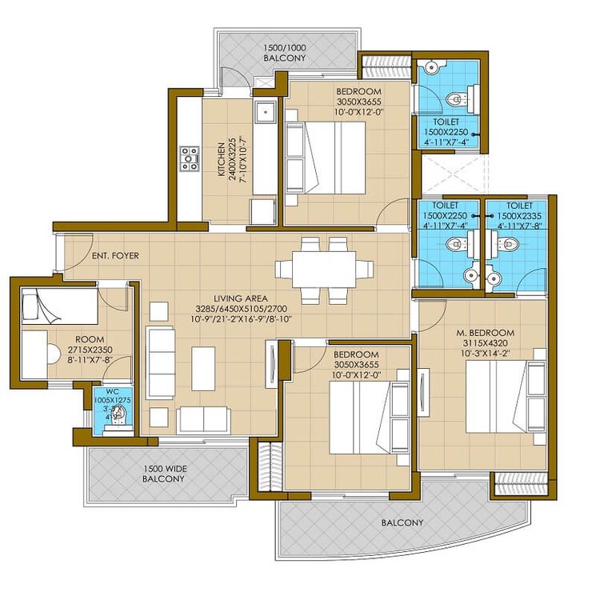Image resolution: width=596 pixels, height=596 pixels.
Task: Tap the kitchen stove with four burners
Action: tap(190, 158)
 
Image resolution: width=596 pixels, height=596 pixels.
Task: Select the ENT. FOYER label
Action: tap(115, 256)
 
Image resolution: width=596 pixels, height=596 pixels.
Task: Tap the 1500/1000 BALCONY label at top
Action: tap(286, 58)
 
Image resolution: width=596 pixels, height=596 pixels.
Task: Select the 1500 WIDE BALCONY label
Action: tap(163, 474)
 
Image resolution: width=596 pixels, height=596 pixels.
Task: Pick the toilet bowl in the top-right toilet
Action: tap(456, 99)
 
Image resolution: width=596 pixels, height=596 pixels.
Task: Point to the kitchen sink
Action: tap(265, 114)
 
